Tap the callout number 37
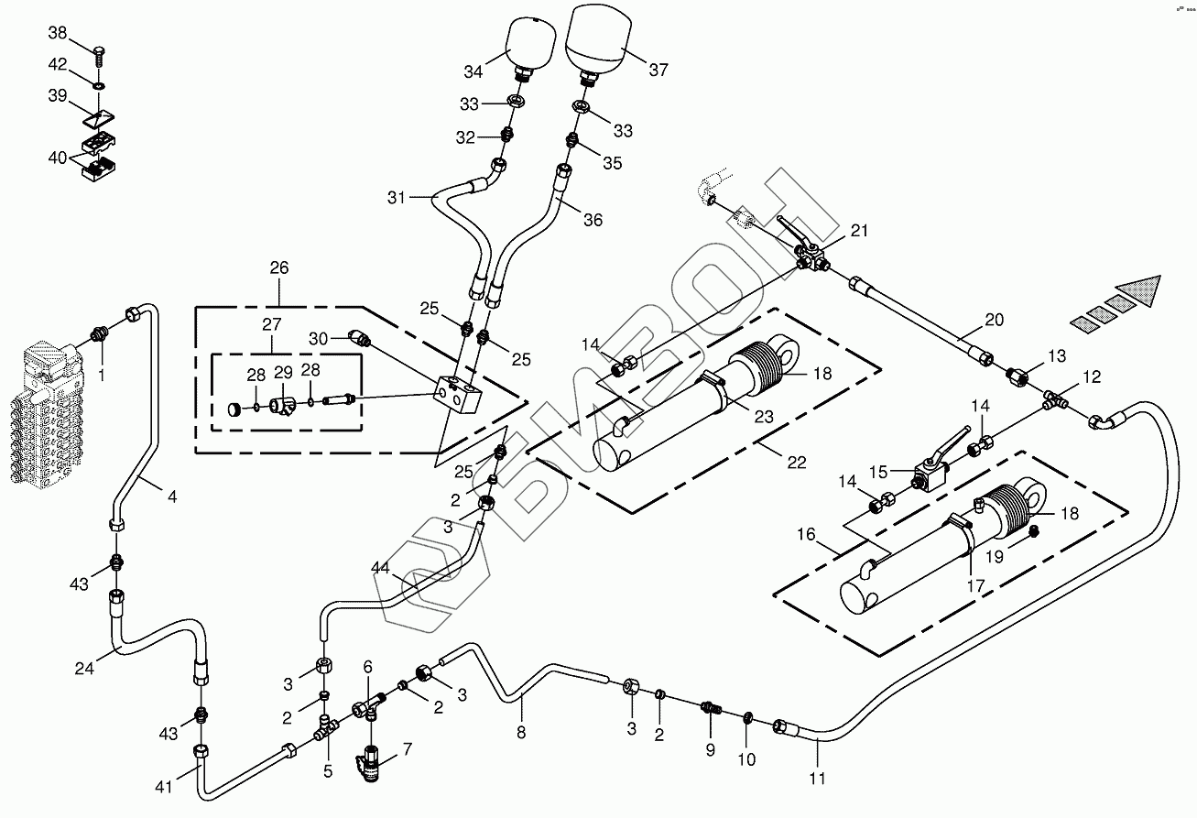click(x=658, y=70)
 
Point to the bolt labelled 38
click(x=98, y=45)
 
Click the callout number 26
click(x=278, y=268)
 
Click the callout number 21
click(x=858, y=231)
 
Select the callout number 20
click(x=994, y=320)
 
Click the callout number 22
click(x=797, y=463)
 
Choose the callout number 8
click(x=521, y=732)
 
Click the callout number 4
click(x=171, y=497)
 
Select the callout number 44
click(x=382, y=569)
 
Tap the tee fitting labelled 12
click(x=1057, y=400)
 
